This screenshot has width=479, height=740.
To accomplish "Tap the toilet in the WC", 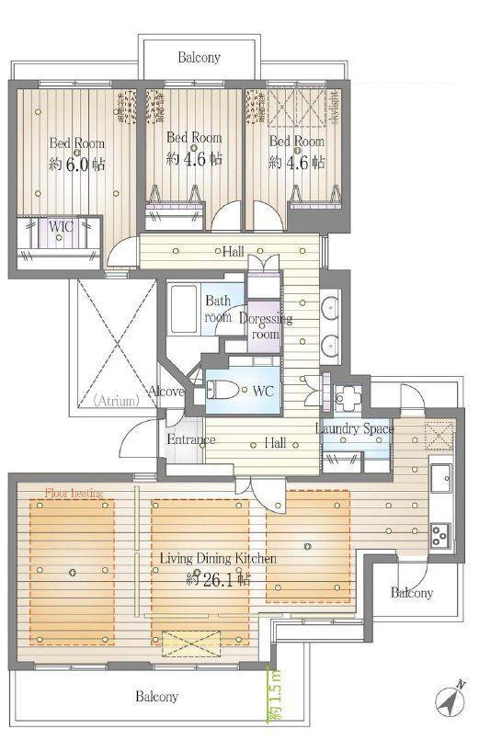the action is pos(222,390).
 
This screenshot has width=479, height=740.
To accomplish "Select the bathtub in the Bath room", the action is pos(183,309).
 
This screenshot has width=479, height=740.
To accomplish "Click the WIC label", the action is pos(61,226).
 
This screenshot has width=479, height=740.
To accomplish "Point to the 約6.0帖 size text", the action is pos(77,165).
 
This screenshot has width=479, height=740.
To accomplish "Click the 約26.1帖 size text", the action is pos(218,578).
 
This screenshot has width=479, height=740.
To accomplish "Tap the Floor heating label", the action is pos(74,493).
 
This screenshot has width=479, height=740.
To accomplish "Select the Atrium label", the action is pos(116,401).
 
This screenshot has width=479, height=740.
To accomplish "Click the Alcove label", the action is pos(165,391).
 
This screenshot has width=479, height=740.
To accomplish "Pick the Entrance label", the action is pos(191,439).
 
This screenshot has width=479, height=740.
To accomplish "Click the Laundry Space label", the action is pos(354,428).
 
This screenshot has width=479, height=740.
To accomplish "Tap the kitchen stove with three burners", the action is pos(440,535).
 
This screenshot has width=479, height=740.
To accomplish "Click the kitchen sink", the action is pos(440,479).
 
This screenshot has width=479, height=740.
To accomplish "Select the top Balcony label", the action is pos(200,58).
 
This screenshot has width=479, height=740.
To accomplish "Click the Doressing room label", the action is pos(266,326).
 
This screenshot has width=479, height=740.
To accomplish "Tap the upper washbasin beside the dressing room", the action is pos(330,306).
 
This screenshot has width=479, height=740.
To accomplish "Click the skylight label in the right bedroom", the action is pos(335,108).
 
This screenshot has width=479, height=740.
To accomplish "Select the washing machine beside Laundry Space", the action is pos(348,398).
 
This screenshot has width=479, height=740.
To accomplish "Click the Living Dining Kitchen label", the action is pos(218,558).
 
